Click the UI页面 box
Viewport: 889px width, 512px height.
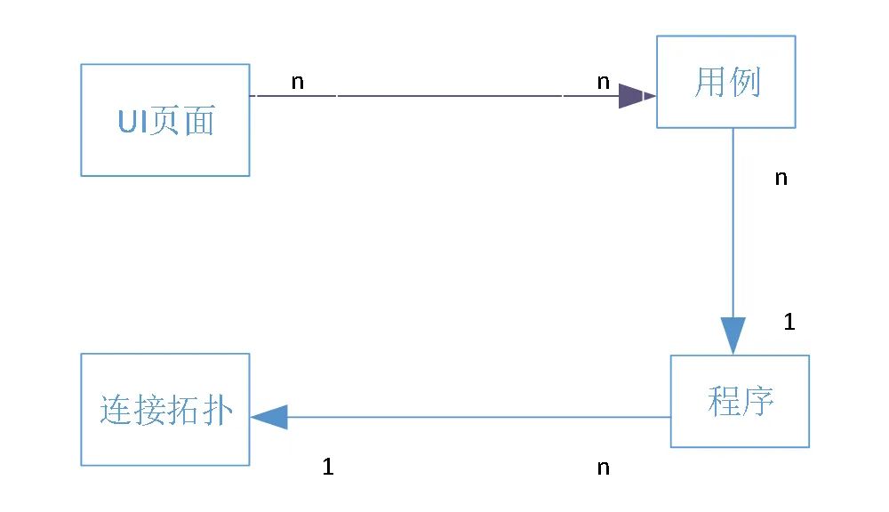click(164, 119)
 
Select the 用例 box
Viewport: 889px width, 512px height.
click(725, 82)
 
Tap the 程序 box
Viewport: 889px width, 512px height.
click(740, 401)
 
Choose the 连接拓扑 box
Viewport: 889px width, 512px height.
click(164, 409)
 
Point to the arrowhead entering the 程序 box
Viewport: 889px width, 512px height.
click(733, 336)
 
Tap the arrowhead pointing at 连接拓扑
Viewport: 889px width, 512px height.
click(270, 416)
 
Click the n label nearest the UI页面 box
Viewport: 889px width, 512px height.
click(298, 82)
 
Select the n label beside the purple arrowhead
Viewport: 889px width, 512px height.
click(604, 82)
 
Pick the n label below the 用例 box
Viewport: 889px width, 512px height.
click(781, 178)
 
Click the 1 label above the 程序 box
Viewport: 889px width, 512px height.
click(789, 322)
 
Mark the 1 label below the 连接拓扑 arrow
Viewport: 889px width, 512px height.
click(328, 467)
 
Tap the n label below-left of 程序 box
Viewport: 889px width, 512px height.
click(604, 468)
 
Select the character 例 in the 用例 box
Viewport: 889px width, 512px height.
click(745, 83)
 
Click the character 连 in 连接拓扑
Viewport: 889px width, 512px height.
click(116, 410)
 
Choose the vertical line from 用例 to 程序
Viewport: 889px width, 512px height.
click(733, 222)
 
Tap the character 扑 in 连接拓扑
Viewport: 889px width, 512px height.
click(217, 410)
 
